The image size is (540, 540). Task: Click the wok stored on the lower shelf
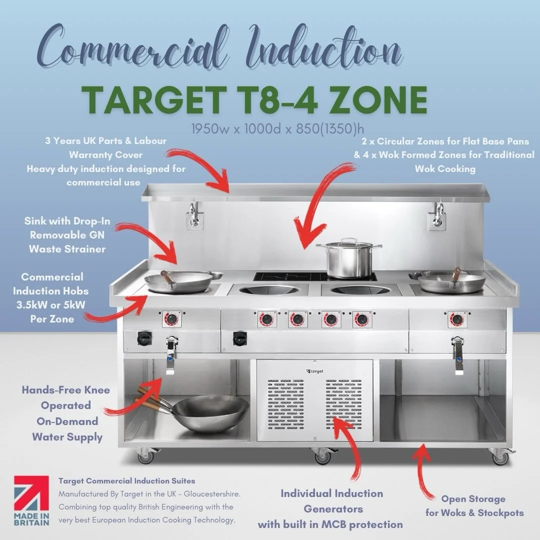(x=210, y=412)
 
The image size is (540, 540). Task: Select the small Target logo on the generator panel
(x=314, y=370)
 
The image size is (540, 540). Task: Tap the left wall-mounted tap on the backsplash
(x=194, y=215)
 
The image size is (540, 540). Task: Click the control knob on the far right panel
(x=455, y=319)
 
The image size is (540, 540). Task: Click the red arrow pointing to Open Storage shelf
(x=422, y=470)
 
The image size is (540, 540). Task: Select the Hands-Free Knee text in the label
(x=65, y=390)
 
